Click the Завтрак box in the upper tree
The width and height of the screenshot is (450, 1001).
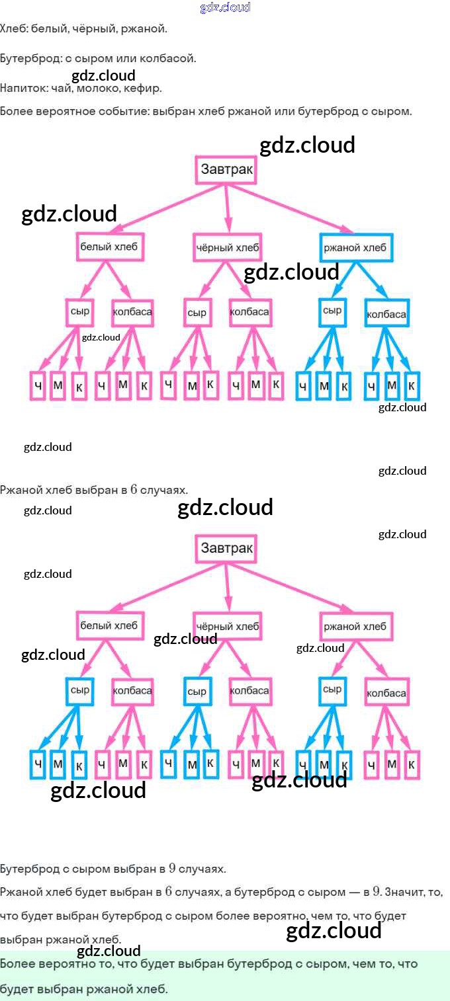226,170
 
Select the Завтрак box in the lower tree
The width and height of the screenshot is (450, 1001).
226,548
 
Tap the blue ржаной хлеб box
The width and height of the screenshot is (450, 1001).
356,248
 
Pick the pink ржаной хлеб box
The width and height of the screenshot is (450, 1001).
356,626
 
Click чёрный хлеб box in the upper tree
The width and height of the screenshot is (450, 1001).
227,248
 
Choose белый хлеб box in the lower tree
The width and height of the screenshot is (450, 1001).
109,625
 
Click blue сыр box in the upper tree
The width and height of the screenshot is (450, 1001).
332,311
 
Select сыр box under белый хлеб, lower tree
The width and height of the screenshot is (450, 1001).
80,690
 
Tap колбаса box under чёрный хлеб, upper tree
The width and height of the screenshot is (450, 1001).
249,312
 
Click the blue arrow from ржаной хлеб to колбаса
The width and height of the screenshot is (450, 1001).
374,280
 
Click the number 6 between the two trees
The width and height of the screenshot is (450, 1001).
133,490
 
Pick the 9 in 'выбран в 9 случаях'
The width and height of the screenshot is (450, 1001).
172,868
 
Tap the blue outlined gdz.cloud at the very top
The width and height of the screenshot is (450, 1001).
225,7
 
